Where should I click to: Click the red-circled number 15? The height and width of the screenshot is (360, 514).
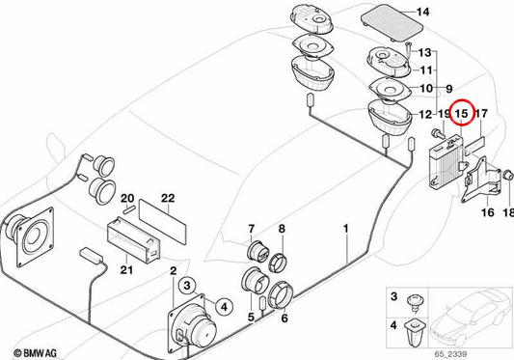[x=462, y=114]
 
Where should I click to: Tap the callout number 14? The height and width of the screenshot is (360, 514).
[x=423, y=13]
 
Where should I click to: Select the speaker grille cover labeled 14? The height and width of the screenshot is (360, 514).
[x=392, y=21]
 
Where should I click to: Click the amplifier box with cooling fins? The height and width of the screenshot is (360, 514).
[x=447, y=162]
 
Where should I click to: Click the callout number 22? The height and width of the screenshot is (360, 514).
[x=168, y=198]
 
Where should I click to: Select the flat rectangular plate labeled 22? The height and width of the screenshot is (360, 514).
[x=163, y=222]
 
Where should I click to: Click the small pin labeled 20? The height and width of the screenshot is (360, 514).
[x=128, y=210]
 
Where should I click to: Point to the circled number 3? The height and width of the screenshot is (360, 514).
[x=187, y=285]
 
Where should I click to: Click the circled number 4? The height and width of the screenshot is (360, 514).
[x=224, y=307]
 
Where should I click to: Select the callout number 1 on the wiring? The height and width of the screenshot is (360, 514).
[x=345, y=229]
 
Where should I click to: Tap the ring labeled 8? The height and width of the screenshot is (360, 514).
[x=278, y=263]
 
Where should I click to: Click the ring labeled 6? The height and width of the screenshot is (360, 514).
[x=281, y=295]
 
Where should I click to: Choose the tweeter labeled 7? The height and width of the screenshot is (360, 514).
[x=258, y=252]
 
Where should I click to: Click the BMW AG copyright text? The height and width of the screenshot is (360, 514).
[x=36, y=353]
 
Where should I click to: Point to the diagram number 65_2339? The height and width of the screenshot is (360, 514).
[x=450, y=354]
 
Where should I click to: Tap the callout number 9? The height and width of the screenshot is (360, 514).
[x=449, y=89]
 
